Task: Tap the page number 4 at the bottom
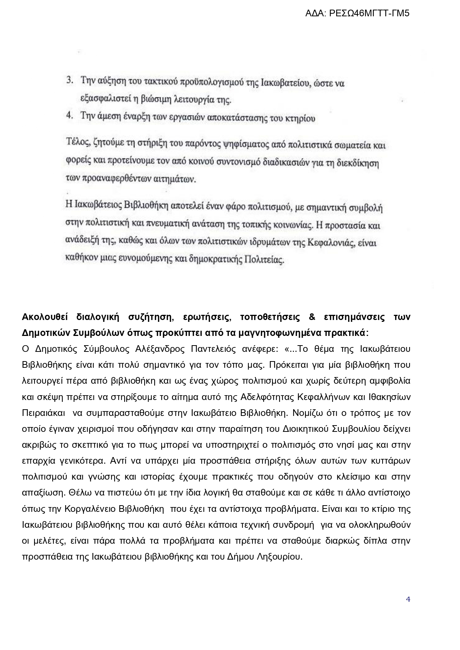point(408,599)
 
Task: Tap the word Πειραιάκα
point(43,413)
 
